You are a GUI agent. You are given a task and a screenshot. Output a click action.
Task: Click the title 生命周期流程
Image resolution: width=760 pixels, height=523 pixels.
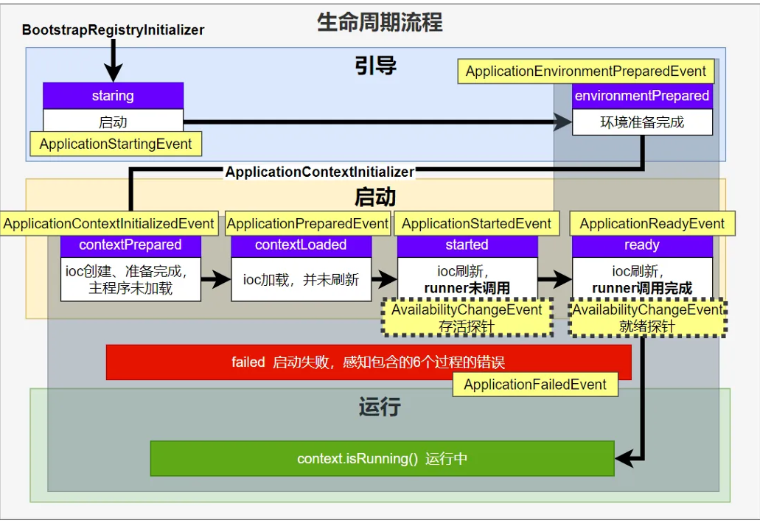[x=380, y=22]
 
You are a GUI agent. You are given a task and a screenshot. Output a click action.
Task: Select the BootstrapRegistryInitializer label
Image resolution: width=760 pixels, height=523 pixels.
[x=113, y=30]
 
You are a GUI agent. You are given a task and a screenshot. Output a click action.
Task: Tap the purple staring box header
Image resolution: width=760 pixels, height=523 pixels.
[x=113, y=96]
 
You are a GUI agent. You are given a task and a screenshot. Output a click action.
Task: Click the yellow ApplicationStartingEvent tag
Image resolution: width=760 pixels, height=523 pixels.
[x=115, y=144]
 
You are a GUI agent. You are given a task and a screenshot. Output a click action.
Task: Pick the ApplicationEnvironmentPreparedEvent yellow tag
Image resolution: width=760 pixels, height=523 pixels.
[x=586, y=71]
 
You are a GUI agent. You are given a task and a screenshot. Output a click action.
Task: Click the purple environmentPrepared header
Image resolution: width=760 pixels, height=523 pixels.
[x=642, y=96]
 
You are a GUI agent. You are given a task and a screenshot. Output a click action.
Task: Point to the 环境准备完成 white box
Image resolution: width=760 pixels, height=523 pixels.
[x=642, y=122]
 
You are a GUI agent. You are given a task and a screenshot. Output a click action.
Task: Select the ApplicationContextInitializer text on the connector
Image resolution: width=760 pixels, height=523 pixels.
[x=319, y=172]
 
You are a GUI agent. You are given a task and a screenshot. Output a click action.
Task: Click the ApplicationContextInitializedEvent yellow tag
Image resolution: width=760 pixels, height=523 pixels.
[x=109, y=224]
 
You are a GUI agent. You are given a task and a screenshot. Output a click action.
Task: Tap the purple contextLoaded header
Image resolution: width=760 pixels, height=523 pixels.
[x=301, y=245]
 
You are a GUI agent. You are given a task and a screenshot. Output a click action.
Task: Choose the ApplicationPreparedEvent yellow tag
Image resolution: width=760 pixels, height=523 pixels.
[x=307, y=224]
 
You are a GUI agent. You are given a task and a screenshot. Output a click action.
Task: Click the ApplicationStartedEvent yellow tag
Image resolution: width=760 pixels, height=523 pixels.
[x=476, y=224]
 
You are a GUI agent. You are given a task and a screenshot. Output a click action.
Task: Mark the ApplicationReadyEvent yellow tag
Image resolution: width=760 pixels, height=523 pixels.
[x=652, y=224]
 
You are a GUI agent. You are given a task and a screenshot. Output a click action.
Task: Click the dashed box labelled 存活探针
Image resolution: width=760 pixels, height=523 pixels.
[x=467, y=318]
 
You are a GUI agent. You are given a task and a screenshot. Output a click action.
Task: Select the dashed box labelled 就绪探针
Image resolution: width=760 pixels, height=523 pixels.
[x=648, y=318]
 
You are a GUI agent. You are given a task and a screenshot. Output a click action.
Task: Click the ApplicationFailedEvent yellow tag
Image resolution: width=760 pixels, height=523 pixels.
[x=534, y=384]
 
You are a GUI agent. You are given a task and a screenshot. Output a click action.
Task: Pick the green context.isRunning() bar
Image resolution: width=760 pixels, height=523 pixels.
[x=382, y=459]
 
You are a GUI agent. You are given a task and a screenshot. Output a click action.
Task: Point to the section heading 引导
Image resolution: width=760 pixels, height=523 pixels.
[x=376, y=66]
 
